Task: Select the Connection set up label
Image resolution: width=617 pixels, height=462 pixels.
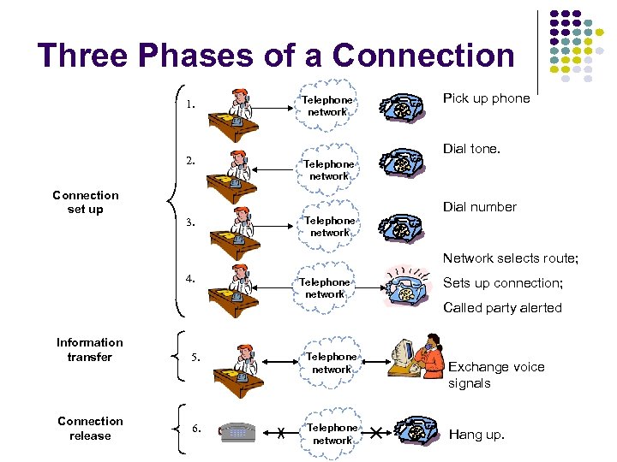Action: point(85,203)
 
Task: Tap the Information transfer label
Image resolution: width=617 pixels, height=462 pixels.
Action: point(89,350)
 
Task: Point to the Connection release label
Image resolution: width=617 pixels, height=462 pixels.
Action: point(90,429)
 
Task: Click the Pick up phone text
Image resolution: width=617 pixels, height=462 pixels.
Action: point(486,98)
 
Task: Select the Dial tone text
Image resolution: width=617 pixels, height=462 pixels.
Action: point(471,149)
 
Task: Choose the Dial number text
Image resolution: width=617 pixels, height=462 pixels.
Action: point(480,207)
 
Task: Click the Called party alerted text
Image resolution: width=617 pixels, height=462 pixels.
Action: point(502,308)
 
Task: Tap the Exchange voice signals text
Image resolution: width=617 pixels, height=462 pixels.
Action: point(495,375)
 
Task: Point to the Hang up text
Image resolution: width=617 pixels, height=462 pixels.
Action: point(476,435)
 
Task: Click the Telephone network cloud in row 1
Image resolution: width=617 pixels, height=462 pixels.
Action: point(326,106)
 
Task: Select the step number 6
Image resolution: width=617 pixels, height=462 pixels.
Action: point(197,427)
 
